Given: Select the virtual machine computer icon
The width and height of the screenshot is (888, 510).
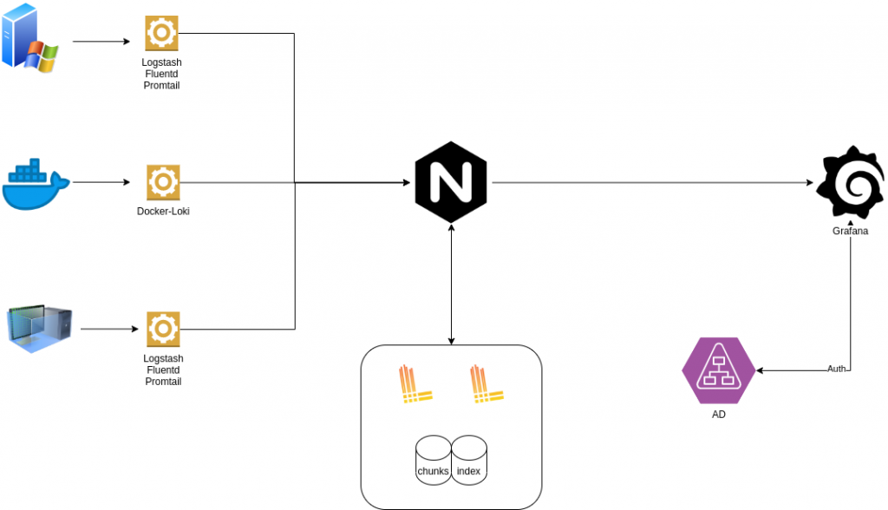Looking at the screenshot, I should tap(41, 330).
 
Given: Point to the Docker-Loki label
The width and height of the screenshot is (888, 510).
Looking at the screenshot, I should tap(163, 211).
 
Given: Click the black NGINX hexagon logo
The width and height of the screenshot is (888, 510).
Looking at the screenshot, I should tap(451, 183).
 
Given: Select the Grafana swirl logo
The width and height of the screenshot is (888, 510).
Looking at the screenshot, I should tap(850, 184).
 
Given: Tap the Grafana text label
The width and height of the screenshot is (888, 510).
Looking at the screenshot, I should tap(850, 231).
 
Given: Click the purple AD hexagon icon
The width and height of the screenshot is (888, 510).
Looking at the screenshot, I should tap(718, 369).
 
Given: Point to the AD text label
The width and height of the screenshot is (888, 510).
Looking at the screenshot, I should tap(718, 415).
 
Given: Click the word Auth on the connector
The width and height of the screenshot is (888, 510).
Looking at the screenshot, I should tap(837, 369).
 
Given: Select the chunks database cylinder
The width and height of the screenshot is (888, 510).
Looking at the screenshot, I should tap(433, 461).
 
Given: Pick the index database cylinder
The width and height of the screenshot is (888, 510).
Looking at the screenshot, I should tap(469, 461).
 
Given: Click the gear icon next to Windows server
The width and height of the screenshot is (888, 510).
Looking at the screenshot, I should tap(161, 34).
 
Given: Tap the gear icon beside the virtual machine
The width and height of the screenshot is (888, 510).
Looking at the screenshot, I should tap(163, 329).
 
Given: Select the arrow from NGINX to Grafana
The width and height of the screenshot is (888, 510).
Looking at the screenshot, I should tap(650, 183).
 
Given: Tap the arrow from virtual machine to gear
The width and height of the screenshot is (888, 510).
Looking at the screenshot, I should tap(108, 330).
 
